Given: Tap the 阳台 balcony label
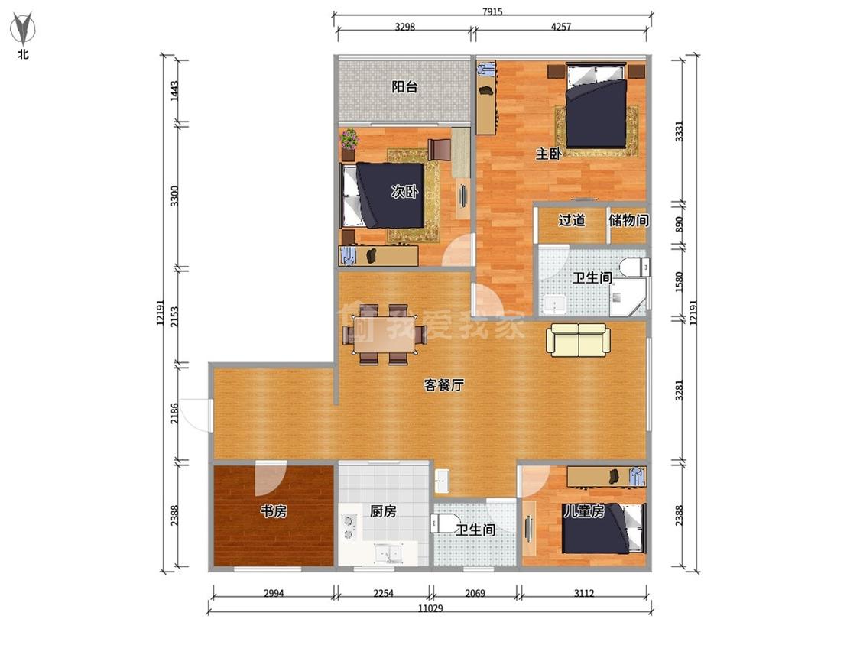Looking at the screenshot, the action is point(404,86).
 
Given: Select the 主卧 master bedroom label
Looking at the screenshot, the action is point(548,154).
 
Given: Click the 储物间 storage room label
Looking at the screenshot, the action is point(628,221).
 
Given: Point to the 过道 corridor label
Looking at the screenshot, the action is point(572,221).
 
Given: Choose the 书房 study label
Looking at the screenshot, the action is point(274,512).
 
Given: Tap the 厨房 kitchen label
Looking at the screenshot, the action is point(383,512).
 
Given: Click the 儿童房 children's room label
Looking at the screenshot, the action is point(584,512).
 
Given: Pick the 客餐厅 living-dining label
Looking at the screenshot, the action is point(443,385).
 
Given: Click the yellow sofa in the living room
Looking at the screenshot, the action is point(578,340).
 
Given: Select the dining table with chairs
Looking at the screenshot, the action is point(385,335).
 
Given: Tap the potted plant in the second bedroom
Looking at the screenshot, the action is point(349,144).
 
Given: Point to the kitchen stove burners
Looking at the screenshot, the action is point(349,527).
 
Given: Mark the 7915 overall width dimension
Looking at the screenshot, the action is point(492,11).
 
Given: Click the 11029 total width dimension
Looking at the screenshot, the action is point(430,608).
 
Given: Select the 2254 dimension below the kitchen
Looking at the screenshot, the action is point(383,593).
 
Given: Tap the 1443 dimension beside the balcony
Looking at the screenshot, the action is point(174,90).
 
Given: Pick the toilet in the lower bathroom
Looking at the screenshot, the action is point(442,523).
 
